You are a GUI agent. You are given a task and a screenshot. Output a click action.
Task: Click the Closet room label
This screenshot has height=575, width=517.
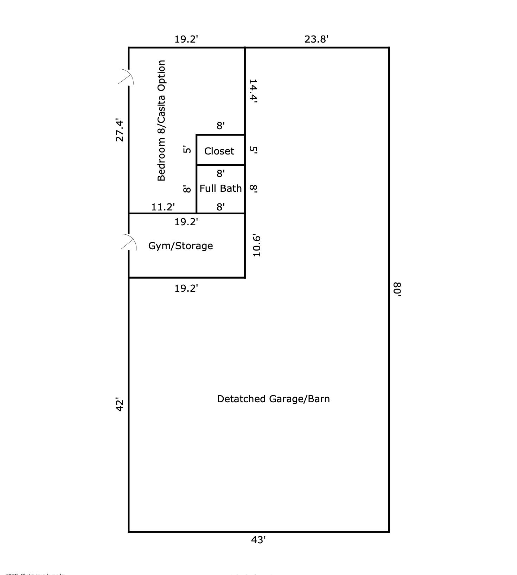click(219, 151)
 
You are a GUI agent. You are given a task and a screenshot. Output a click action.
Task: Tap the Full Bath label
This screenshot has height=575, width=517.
click(221, 189)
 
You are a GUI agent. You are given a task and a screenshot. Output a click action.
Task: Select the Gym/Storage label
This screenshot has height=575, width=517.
click(180, 246)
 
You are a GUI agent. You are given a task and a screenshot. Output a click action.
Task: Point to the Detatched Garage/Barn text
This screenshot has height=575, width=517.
click(273, 399)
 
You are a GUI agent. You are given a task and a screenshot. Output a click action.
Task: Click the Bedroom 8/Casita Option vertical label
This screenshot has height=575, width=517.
click(161, 121)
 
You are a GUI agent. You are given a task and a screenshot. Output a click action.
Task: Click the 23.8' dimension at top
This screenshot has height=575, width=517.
click(316, 39)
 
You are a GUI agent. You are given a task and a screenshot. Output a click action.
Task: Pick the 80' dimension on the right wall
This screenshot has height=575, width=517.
click(397, 290)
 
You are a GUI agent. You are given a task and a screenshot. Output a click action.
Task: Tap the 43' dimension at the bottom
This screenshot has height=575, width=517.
click(258, 540)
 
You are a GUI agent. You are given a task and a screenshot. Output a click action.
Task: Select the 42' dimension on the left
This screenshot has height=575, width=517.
click(120, 405)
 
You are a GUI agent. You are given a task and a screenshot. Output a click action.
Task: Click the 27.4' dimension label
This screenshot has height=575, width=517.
click(120, 131)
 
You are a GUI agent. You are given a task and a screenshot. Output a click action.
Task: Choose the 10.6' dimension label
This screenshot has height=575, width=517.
click(257, 246)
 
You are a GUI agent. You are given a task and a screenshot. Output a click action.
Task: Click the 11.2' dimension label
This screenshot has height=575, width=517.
click(163, 207)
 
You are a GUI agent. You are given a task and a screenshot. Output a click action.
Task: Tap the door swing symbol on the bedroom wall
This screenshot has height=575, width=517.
click(126, 77)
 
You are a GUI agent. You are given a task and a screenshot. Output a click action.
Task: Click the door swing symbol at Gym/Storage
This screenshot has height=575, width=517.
click(129, 242)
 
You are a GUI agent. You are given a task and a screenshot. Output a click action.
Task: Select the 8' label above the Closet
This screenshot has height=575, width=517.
click(221, 126)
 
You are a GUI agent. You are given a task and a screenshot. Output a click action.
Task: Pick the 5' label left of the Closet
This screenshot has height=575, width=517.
click(187, 150)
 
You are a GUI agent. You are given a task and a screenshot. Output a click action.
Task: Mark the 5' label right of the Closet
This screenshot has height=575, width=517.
click(253, 150)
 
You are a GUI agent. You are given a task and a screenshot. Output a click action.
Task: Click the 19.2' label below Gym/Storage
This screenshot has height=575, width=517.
click(186, 289)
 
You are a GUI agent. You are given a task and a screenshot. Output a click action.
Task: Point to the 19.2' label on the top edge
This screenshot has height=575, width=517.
click(186, 39)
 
